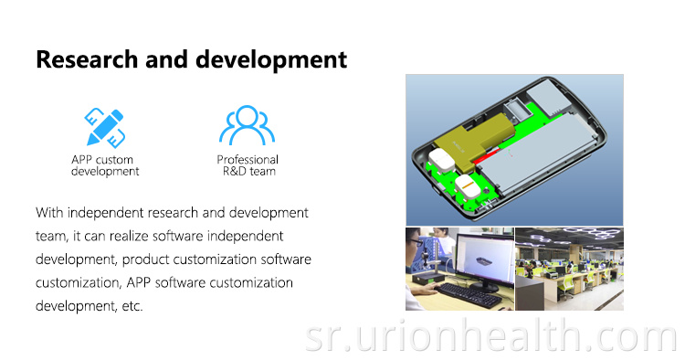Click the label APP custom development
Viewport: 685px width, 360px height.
click(x=105, y=165)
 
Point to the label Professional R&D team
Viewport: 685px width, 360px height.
click(x=247, y=165)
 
